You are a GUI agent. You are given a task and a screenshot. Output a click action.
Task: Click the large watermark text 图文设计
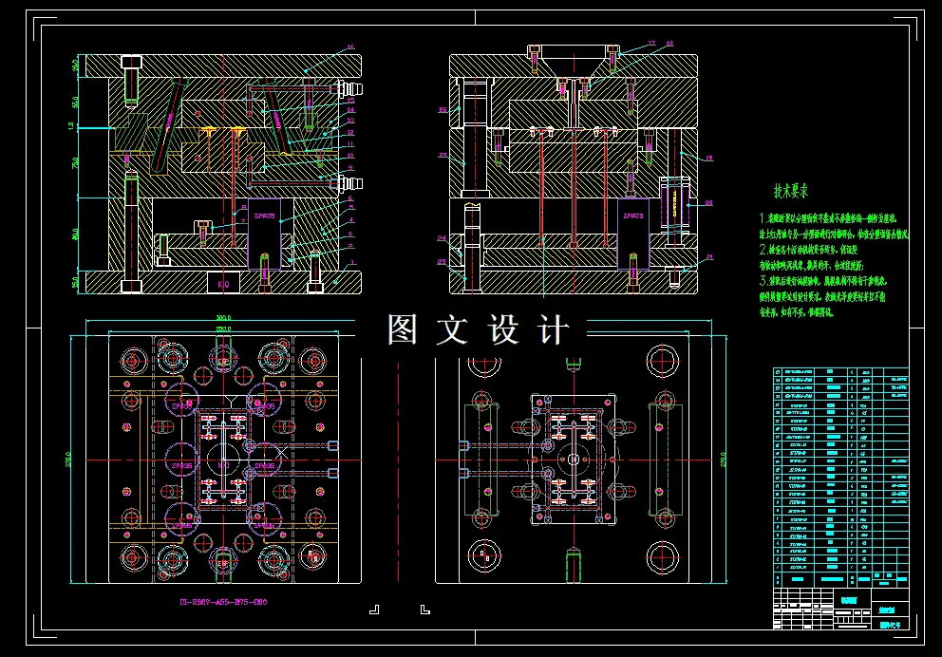point(478,329)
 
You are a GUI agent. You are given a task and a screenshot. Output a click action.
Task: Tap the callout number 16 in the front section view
point(350,47)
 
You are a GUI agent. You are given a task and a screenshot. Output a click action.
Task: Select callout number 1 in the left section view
point(350,262)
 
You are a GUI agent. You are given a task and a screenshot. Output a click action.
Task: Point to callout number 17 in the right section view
point(652,43)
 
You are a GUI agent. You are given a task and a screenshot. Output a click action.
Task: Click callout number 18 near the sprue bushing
point(669,43)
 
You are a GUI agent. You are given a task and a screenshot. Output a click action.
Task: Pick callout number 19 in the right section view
point(708,158)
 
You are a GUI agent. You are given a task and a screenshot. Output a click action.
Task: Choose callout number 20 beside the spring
point(708,202)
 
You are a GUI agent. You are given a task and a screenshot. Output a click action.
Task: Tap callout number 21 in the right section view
point(708,257)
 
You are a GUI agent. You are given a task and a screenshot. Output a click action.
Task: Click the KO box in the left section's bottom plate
point(224,283)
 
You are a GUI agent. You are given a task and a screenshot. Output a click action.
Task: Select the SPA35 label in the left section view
point(264,216)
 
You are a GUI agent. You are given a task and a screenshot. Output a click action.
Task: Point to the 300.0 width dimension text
point(224,318)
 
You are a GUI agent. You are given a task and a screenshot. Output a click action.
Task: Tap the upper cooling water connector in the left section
point(338,90)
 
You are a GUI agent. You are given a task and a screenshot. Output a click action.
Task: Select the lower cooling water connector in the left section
point(338,180)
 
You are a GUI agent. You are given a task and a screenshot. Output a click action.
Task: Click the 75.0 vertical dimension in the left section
point(75,163)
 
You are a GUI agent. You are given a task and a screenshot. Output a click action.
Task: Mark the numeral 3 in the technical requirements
point(763,282)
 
